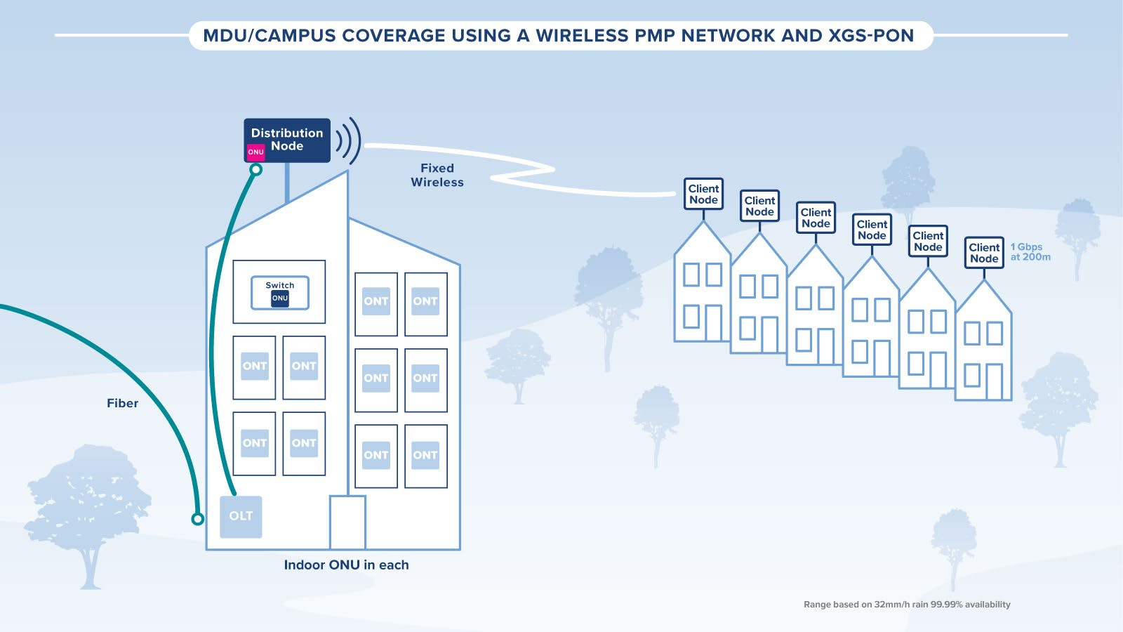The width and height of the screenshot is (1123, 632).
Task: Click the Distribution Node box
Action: click(287, 140)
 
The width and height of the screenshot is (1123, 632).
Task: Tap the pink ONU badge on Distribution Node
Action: click(255, 152)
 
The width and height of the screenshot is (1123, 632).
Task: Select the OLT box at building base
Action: click(241, 516)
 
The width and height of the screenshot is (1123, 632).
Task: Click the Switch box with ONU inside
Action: click(279, 291)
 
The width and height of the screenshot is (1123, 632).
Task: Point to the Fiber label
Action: click(122, 403)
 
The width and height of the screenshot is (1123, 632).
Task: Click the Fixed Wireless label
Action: click(437, 175)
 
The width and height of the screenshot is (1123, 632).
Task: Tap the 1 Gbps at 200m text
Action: click(1030, 252)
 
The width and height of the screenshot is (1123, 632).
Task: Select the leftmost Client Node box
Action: click(703, 194)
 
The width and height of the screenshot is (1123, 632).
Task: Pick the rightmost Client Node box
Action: click(984, 253)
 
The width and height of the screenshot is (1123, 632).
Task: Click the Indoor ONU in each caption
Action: click(346, 565)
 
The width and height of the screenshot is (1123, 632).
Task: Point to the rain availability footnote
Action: click(907, 604)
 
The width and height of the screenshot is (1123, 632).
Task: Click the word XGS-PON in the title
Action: click(870, 36)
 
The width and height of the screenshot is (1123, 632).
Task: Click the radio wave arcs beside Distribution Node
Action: click(348, 140)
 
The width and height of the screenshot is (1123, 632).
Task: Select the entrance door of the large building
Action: click(347, 522)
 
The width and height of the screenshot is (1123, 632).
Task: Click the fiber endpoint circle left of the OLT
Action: click(198, 519)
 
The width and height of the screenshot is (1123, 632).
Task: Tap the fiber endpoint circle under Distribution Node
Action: click(256, 169)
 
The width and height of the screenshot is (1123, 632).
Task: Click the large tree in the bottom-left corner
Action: click(88, 506)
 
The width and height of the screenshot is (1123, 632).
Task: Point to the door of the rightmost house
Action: click(994, 381)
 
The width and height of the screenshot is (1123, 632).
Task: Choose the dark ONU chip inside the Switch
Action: click(280, 298)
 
